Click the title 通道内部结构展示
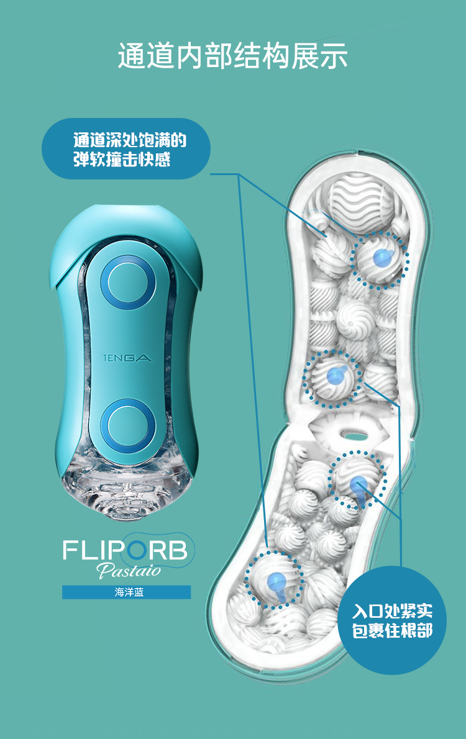[x=232, y=57]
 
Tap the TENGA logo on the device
[x=127, y=358]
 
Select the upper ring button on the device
[x=128, y=283]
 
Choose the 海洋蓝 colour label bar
[x=126, y=592]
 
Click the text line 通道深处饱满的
[x=129, y=140]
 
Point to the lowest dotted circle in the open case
[x=274, y=580]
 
